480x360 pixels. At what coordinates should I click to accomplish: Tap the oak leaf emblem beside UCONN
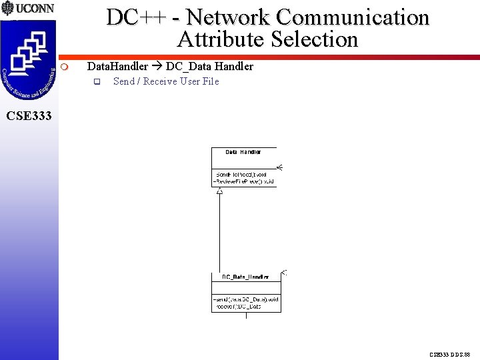8,9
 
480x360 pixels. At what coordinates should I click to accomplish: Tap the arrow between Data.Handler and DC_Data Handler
157,67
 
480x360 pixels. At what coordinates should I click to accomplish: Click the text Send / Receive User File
166,81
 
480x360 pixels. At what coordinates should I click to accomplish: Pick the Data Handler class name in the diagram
243,152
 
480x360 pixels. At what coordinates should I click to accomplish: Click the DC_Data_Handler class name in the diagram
245,277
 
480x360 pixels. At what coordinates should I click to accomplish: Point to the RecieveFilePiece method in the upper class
244,181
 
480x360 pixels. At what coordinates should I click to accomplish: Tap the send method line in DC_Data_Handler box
245,299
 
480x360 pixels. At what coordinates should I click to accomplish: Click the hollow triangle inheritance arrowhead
219,191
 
